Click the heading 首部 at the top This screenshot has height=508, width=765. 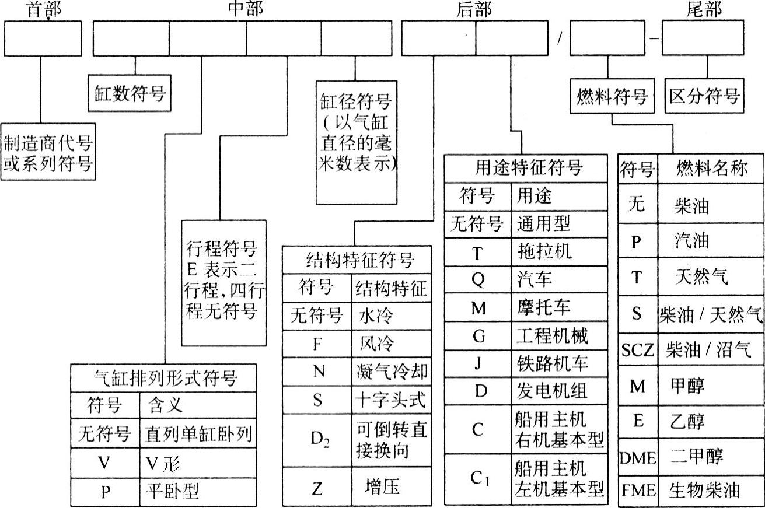coord(43,10)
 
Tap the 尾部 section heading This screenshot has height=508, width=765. coord(704,10)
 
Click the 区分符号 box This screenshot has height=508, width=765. coord(704,96)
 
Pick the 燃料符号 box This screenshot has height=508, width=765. coord(612,96)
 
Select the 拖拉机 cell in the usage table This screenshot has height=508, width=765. coord(544,251)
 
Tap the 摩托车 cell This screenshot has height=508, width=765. coord(544,307)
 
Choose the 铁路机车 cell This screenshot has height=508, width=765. coord(552,363)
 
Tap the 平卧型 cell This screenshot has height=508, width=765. coord(172,492)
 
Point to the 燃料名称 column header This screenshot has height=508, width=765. coord(711,169)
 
